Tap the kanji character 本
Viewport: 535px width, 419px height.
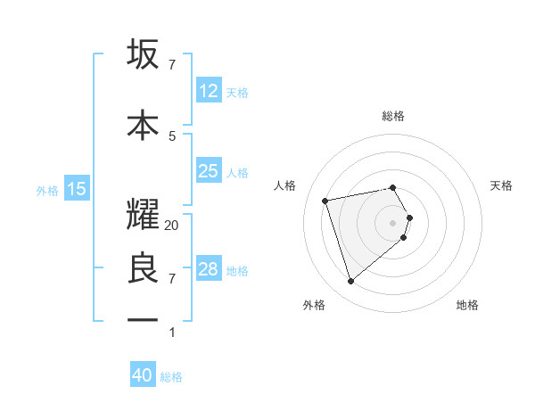pos(143,125)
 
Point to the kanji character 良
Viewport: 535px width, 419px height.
pos(143,268)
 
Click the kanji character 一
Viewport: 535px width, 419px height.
pos(143,318)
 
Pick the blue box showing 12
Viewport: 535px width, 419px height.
pos(208,91)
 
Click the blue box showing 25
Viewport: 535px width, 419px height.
pos(208,171)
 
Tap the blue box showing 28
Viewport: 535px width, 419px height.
pos(208,269)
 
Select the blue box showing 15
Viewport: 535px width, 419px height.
pos(77,189)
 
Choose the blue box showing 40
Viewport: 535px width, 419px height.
pos(143,375)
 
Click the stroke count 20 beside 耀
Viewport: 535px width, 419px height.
pos(172,226)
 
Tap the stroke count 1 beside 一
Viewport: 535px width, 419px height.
pos(172,333)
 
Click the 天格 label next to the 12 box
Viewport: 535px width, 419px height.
pos(237,92)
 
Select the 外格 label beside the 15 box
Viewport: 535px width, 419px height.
pos(47,190)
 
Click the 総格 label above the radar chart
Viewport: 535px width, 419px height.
pos(393,116)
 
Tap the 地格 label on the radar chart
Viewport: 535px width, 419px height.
pos(467,305)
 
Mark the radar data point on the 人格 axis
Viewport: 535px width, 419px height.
pos(325,200)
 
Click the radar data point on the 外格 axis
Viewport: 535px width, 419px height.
pos(351,282)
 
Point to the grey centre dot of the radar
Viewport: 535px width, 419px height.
pos(393,222)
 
